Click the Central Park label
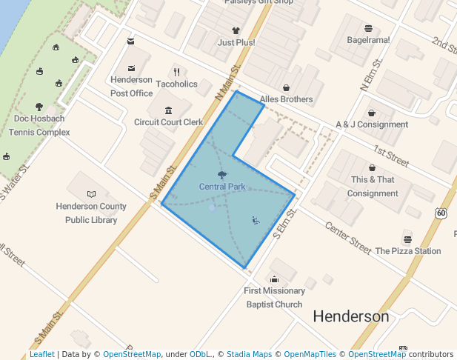(x=222, y=187)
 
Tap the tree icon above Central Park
(x=222, y=175)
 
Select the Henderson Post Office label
(x=131, y=87)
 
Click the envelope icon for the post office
(x=131, y=41)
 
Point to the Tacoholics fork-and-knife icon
(x=176, y=72)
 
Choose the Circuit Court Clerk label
(x=168, y=122)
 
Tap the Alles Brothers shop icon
(x=286, y=87)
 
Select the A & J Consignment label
(x=372, y=124)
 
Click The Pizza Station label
(x=407, y=251)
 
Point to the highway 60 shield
(x=441, y=213)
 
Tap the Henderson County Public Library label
(x=91, y=213)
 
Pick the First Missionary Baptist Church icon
(x=275, y=279)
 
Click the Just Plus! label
(x=236, y=42)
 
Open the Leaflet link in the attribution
(x=41, y=354)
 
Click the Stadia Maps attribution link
(x=249, y=354)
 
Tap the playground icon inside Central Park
(x=256, y=219)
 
